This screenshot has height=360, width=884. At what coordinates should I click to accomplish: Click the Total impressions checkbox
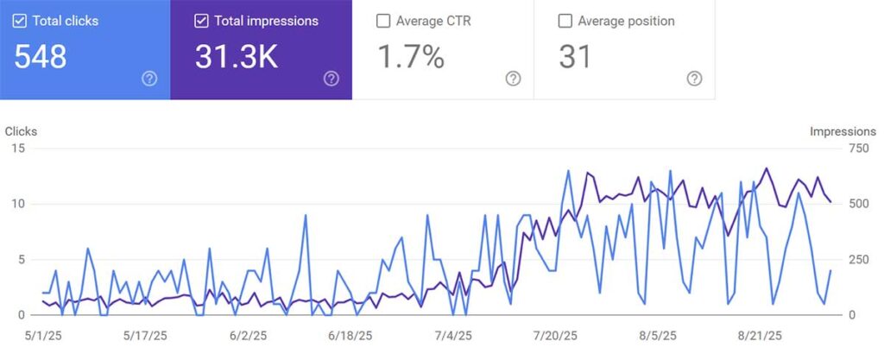pos(201,21)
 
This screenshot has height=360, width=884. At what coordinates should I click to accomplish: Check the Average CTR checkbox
pos(383,21)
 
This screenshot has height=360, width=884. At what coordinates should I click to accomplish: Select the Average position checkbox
pos(565,21)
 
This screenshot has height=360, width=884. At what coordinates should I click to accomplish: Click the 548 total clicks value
pos(41,57)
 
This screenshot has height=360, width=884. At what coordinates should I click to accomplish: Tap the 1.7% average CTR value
pos(411,57)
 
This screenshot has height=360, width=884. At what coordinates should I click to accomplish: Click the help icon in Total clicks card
pos(149,79)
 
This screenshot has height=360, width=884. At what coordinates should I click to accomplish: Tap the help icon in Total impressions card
pos(331,79)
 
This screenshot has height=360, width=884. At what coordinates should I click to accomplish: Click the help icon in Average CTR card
pos(513,79)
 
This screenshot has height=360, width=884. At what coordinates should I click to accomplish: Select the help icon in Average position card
pos(694,79)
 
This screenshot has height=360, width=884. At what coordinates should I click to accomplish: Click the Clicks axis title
pos(21,131)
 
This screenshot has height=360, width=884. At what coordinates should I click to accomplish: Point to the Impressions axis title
pos(843,131)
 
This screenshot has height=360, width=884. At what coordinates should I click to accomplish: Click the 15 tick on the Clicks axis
pos(18,148)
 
